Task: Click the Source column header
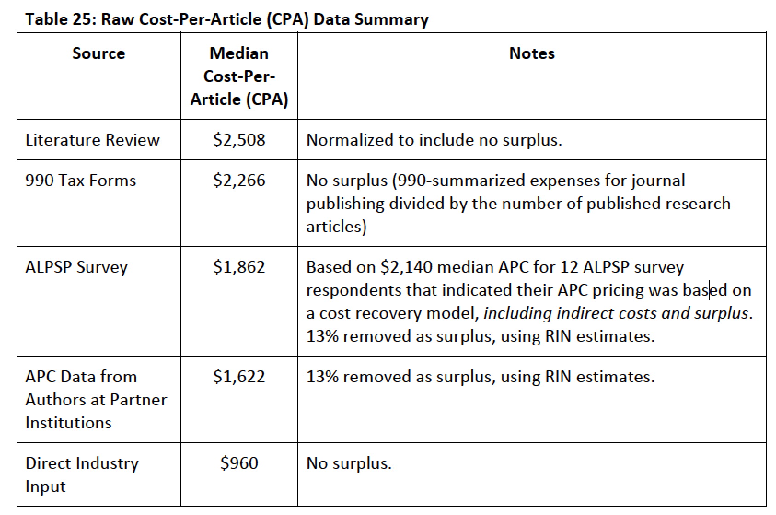pos(98,53)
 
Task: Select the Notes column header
pos(532,53)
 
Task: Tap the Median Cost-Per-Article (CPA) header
pos(239,76)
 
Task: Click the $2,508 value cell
pos(239,140)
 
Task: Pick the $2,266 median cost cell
pos(239,180)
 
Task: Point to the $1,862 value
pos(239,267)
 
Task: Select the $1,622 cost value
pos(239,377)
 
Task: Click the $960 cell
pos(239,463)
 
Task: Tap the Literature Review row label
pos(93,140)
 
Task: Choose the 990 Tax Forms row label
pos(81,180)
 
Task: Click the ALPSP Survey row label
pos(76,267)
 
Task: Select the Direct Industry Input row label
pos(81,474)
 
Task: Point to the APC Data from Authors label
pos(96,399)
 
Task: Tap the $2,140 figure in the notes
pos(406,267)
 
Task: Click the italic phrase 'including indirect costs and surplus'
pos(617,313)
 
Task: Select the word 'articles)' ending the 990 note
pos(336,227)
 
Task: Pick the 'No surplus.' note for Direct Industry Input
pos(349,463)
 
